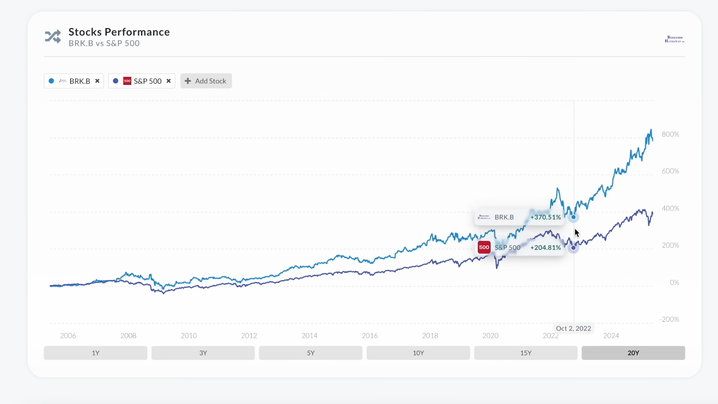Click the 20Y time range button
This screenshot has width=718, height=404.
pyautogui.click(x=633, y=353)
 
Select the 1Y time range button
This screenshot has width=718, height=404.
pyautogui.click(x=95, y=353)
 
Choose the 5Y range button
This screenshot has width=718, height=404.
pyautogui.click(x=310, y=353)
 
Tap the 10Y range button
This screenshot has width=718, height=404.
pyautogui.click(x=418, y=353)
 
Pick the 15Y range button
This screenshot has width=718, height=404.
pyautogui.click(x=525, y=353)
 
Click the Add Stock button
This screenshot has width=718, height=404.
pyautogui.click(x=206, y=81)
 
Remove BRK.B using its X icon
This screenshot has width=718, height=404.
pyautogui.click(x=97, y=81)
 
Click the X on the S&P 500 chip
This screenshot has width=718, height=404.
pyautogui.click(x=169, y=81)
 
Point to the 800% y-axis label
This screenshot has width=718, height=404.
pyautogui.click(x=670, y=134)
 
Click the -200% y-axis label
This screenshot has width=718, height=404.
pyautogui.click(x=669, y=319)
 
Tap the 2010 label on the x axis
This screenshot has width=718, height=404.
pyautogui.click(x=188, y=336)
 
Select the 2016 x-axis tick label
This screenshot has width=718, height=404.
pyautogui.click(x=369, y=336)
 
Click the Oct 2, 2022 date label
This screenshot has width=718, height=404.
pyautogui.click(x=573, y=328)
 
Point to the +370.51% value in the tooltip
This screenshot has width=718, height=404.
pyautogui.click(x=545, y=217)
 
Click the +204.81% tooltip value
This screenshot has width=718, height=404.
pyautogui.click(x=545, y=248)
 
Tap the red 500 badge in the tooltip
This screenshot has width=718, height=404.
pyautogui.click(x=484, y=247)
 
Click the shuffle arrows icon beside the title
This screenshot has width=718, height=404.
pyautogui.click(x=53, y=37)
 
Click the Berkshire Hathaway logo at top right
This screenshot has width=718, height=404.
pyautogui.click(x=675, y=39)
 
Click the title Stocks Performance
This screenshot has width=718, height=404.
pyautogui.click(x=119, y=32)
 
